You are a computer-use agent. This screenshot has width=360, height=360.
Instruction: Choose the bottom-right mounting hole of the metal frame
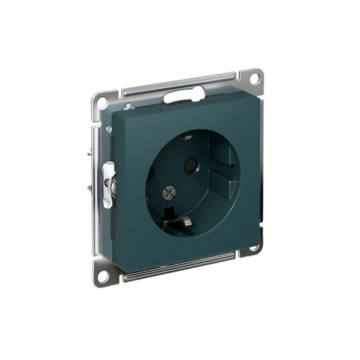253,248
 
